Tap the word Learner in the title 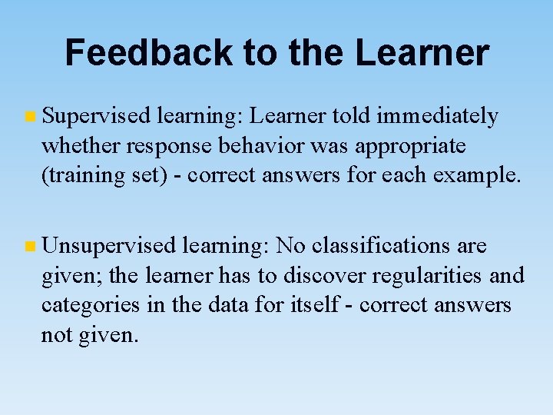click(x=422, y=53)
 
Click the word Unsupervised click(x=110, y=246)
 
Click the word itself click(x=317, y=305)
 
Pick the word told click(x=350, y=116)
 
